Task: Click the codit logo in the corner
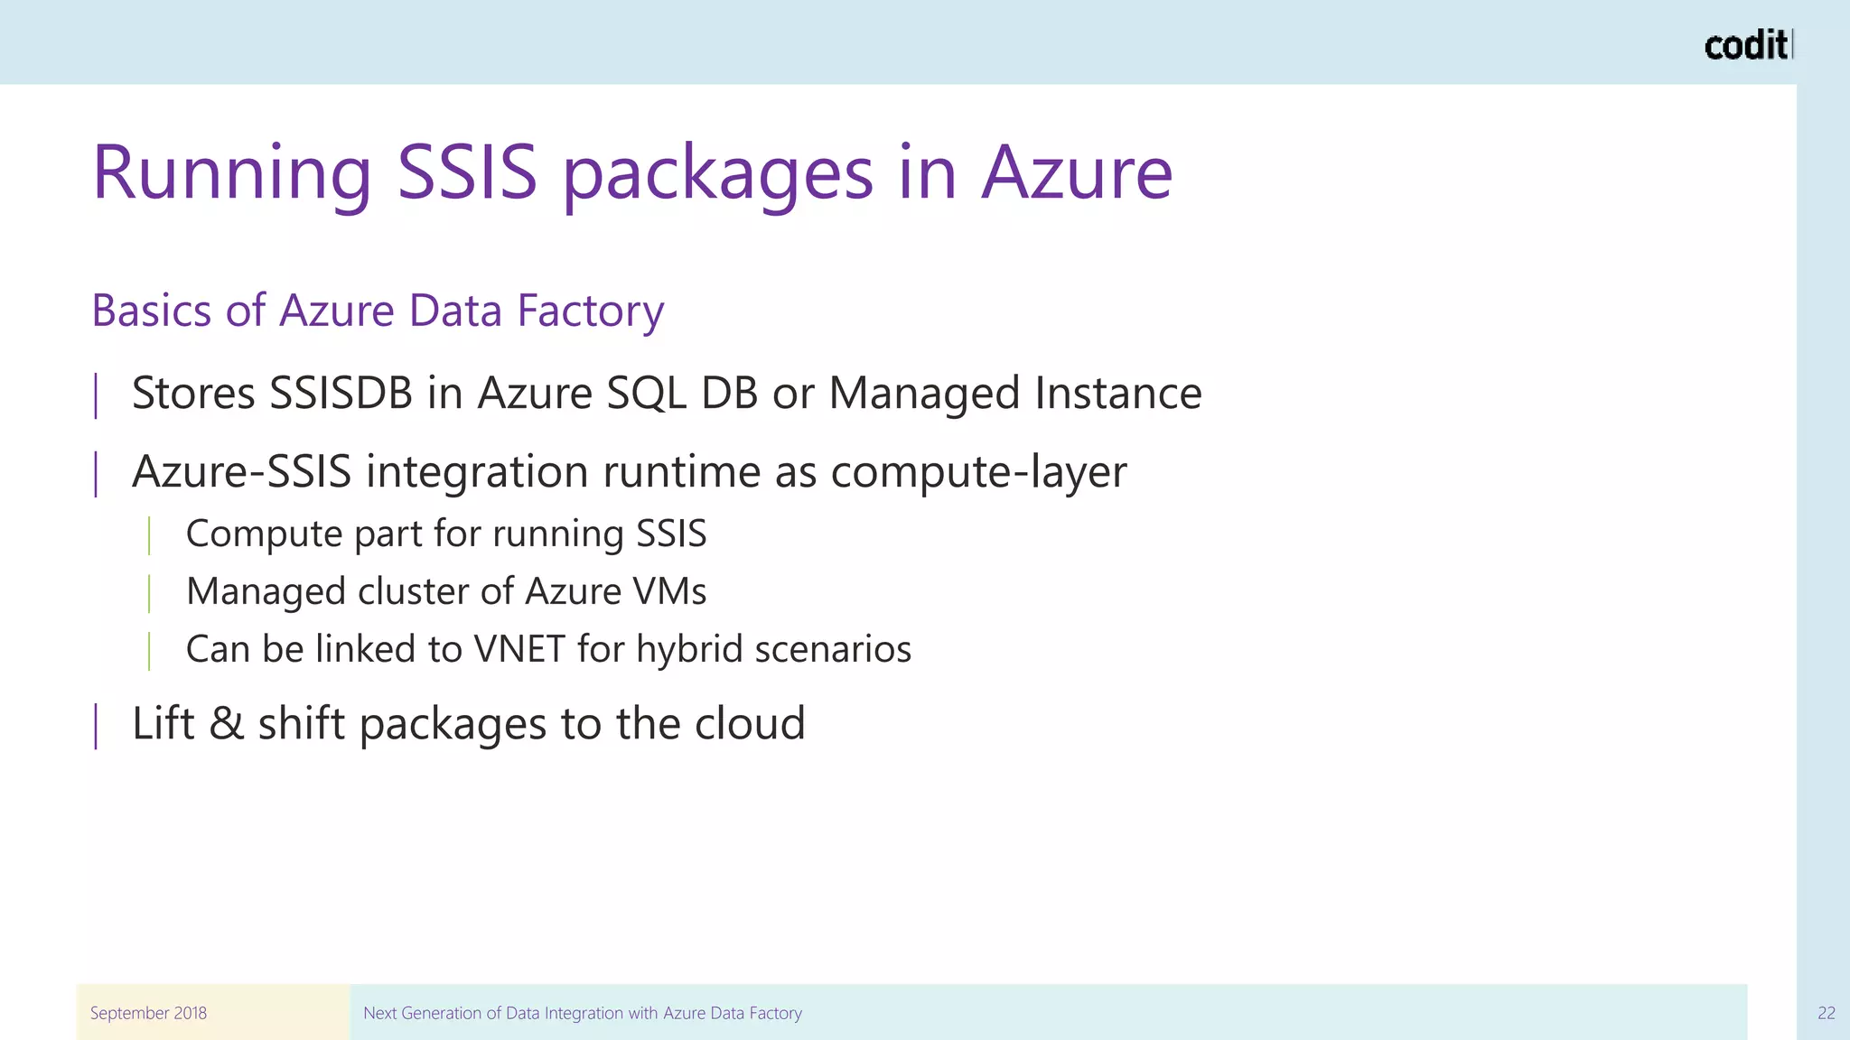[x=1747, y=45]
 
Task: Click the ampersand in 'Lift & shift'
[x=226, y=723]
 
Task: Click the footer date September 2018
[x=148, y=1013]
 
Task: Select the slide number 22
[x=1826, y=1013]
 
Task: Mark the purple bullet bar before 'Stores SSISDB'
[x=96, y=395]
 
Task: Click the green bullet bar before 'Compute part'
[x=149, y=534]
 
